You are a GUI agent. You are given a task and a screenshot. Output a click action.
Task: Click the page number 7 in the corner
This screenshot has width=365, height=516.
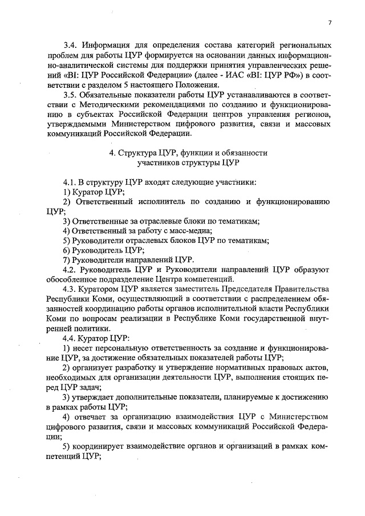pos(330,22)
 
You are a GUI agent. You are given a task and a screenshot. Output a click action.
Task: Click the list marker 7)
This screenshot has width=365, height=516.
pos(67,260)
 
